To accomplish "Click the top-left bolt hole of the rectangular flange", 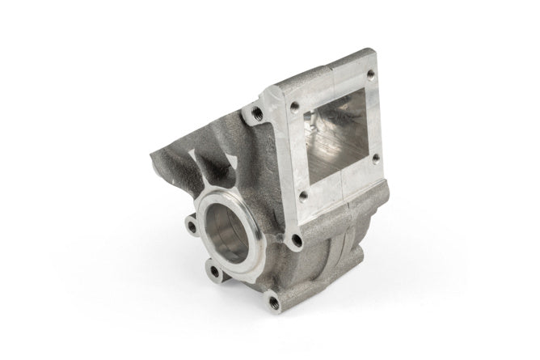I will (x=295, y=106).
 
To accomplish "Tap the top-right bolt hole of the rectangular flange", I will (x=370, y=74).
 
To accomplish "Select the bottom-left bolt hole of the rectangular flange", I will (x=302, y=194).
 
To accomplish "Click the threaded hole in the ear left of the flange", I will (x=256, y=112).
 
